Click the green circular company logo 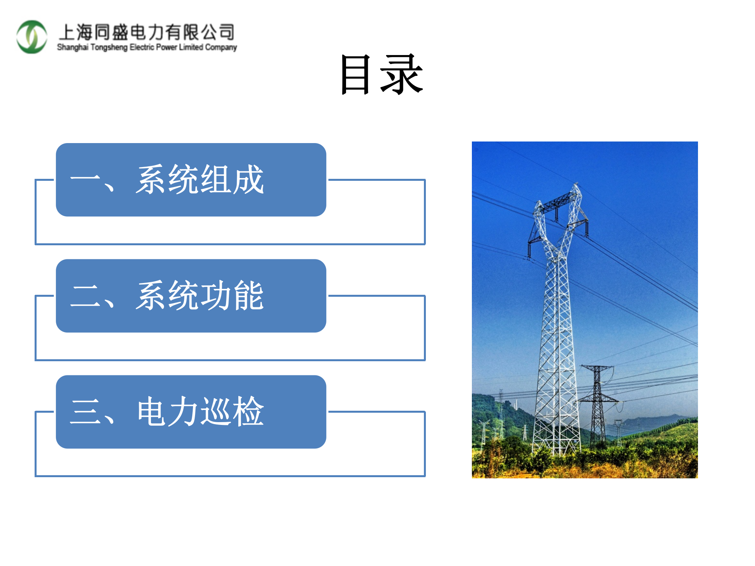[x=31, y=37]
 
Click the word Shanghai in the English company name [x=73, y=47]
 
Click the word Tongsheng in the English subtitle [x=109, y=47]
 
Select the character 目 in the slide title [x=355, y=74]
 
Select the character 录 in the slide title [x=401, y=74]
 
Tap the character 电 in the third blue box [x=152, y=412]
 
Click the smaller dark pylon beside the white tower [x=597, y=405]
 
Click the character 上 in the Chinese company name [x=67, y=32]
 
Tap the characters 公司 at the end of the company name [x=218, y=32]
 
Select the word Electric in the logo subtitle [x=142, y=47]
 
